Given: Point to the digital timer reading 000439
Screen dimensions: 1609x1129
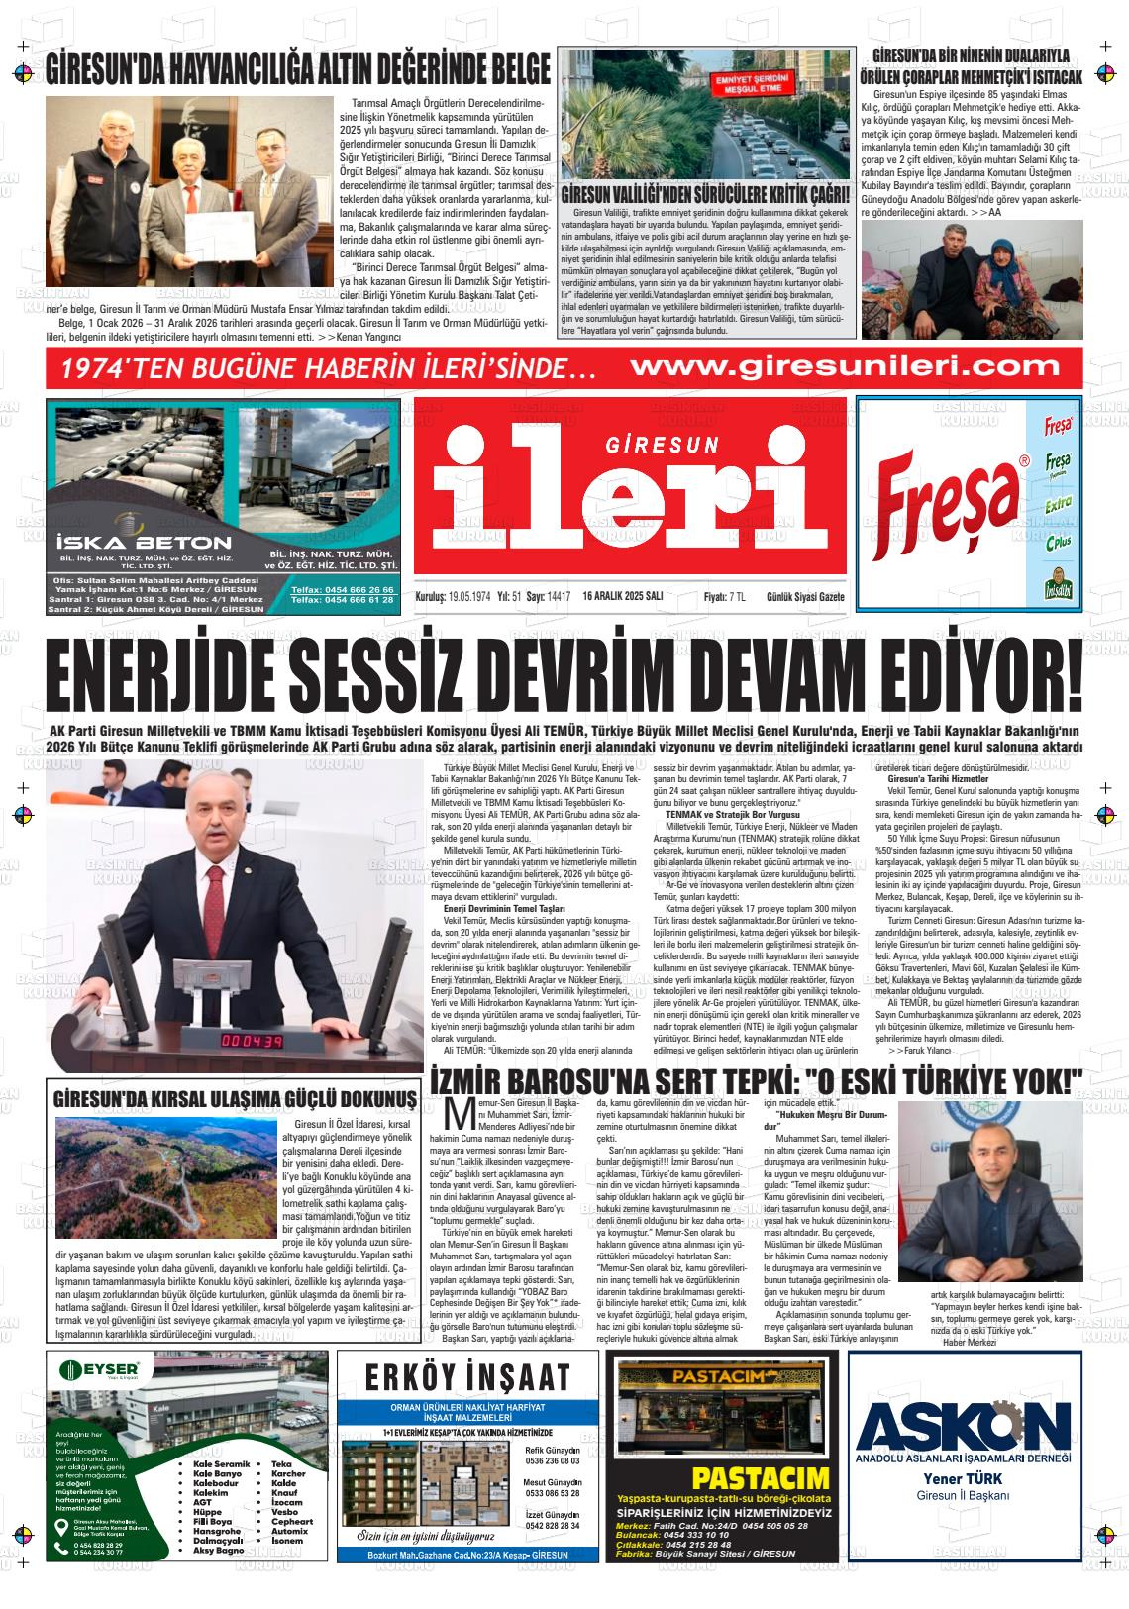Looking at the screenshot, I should (x=252, y=1043).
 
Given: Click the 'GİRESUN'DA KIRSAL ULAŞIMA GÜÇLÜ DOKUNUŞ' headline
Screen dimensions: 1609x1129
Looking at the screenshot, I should (x=235, y=1099).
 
